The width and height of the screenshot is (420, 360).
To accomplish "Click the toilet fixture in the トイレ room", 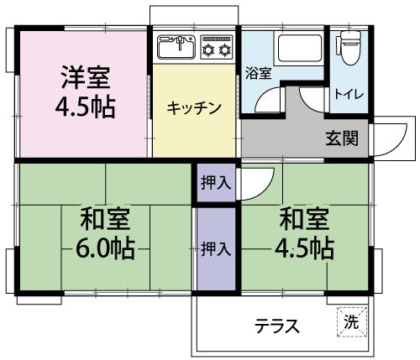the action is click(349, 48).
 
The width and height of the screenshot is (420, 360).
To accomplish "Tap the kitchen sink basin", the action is click(176, 48).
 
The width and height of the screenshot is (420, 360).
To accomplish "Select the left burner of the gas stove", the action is click(208, 50).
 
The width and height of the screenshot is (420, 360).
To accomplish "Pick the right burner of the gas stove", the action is click(225, 50).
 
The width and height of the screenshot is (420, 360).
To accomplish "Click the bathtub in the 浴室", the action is click(299, 49).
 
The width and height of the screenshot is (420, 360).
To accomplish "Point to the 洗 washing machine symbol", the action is click(352, 322).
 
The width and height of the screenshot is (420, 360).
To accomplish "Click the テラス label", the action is click(277, 326).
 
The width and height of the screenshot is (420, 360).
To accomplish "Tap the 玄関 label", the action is click(342, 138).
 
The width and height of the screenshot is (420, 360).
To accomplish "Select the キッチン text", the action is click(194, 108).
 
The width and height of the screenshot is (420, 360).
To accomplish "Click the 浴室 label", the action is click(258, 73).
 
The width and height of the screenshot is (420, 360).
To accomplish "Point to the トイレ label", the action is click(349, 94).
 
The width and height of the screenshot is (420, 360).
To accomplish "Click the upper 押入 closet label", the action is click(216, 183).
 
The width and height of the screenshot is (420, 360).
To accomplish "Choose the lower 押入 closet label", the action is click(216, 249).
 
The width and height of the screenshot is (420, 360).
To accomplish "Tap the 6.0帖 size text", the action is click(106, 248).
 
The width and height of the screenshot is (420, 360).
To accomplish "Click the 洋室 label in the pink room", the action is click(86, 77).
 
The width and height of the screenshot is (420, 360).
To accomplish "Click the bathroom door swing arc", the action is click(264, 97).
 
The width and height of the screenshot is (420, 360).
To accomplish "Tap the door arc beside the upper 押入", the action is click(264, 190).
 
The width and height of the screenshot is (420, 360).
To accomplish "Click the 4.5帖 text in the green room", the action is click(305, 248).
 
